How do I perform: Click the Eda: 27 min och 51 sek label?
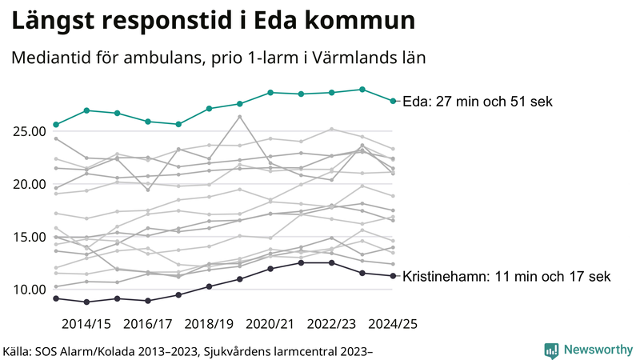pyautogui.click(x=477, y=102)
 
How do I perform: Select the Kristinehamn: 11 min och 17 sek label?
pyautogui.click(x=506, y=277)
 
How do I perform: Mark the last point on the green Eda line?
pyautogui.click(x=393, y=101)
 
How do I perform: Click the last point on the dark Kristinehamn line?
pyautogui.click(x=393, y=276)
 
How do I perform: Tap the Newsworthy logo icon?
pyautogui.click(x=551, y=350)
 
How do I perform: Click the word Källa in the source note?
pyautogui.click(x=22, y=350)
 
